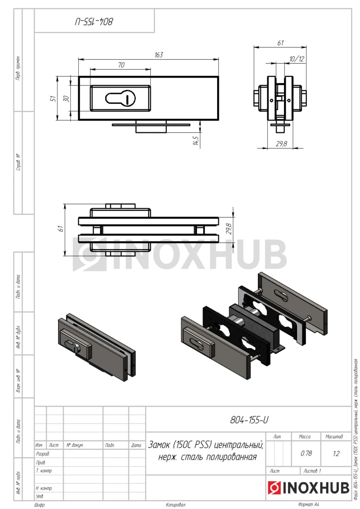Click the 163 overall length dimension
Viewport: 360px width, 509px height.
pos(159,55)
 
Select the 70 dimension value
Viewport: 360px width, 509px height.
pos(121,65)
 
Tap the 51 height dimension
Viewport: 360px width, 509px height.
pos(53,98)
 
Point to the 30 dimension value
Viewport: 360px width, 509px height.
pos(66,99)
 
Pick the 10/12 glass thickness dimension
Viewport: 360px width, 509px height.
pos(296,59)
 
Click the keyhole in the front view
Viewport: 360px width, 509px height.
pos(120,98)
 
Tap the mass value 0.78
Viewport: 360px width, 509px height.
pos(306,453)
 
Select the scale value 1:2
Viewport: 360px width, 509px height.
pos(336,454)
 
